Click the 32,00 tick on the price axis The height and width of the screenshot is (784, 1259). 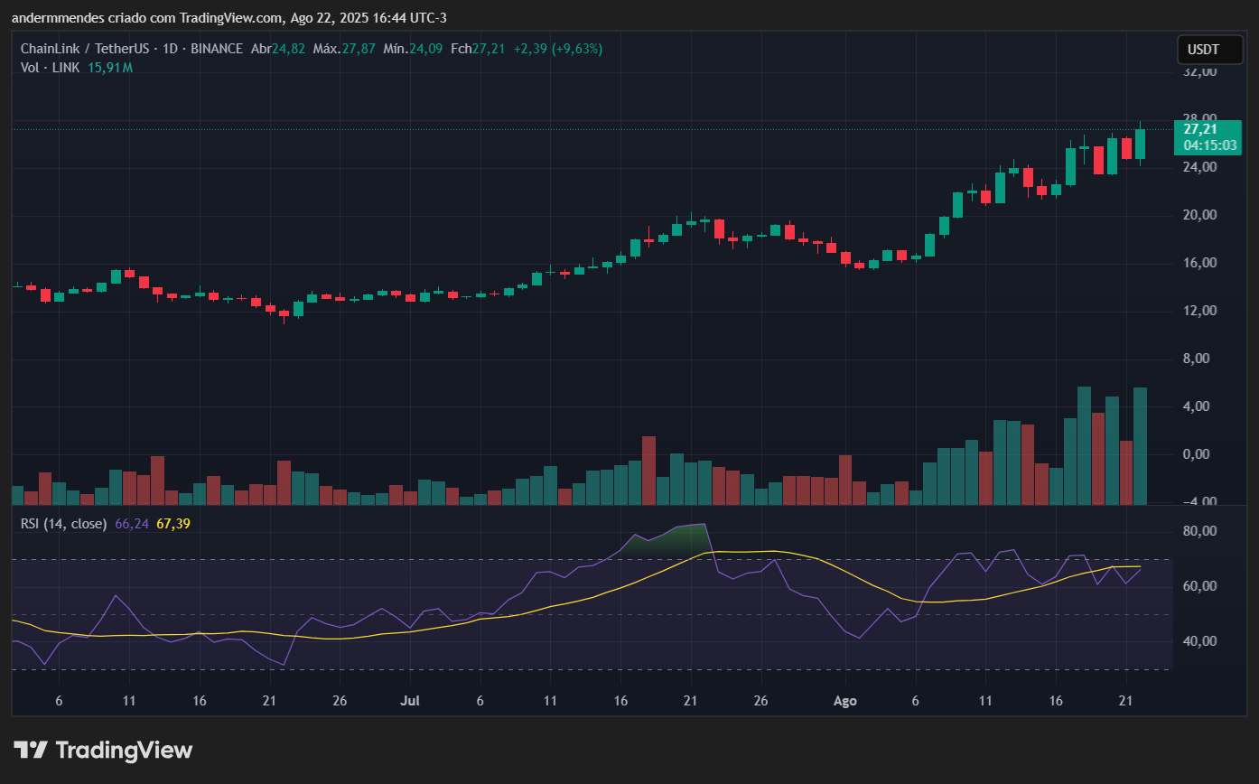1200,71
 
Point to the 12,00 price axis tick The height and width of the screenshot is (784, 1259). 1200,311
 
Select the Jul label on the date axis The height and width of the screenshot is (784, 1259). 410,700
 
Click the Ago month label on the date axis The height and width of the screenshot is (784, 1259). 844,700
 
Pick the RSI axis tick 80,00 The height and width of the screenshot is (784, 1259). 1200,531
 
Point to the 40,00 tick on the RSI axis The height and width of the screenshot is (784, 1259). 1200,641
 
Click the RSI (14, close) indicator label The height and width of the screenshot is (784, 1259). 63,523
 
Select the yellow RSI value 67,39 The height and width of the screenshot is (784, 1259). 173,523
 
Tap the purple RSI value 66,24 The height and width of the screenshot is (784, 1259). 132,523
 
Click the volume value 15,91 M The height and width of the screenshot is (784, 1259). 110,68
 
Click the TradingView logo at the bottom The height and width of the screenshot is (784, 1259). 103,750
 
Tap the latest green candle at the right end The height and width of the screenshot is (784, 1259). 1140,144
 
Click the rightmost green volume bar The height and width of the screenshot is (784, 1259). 1140,445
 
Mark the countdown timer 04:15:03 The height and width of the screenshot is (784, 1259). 1210,145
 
